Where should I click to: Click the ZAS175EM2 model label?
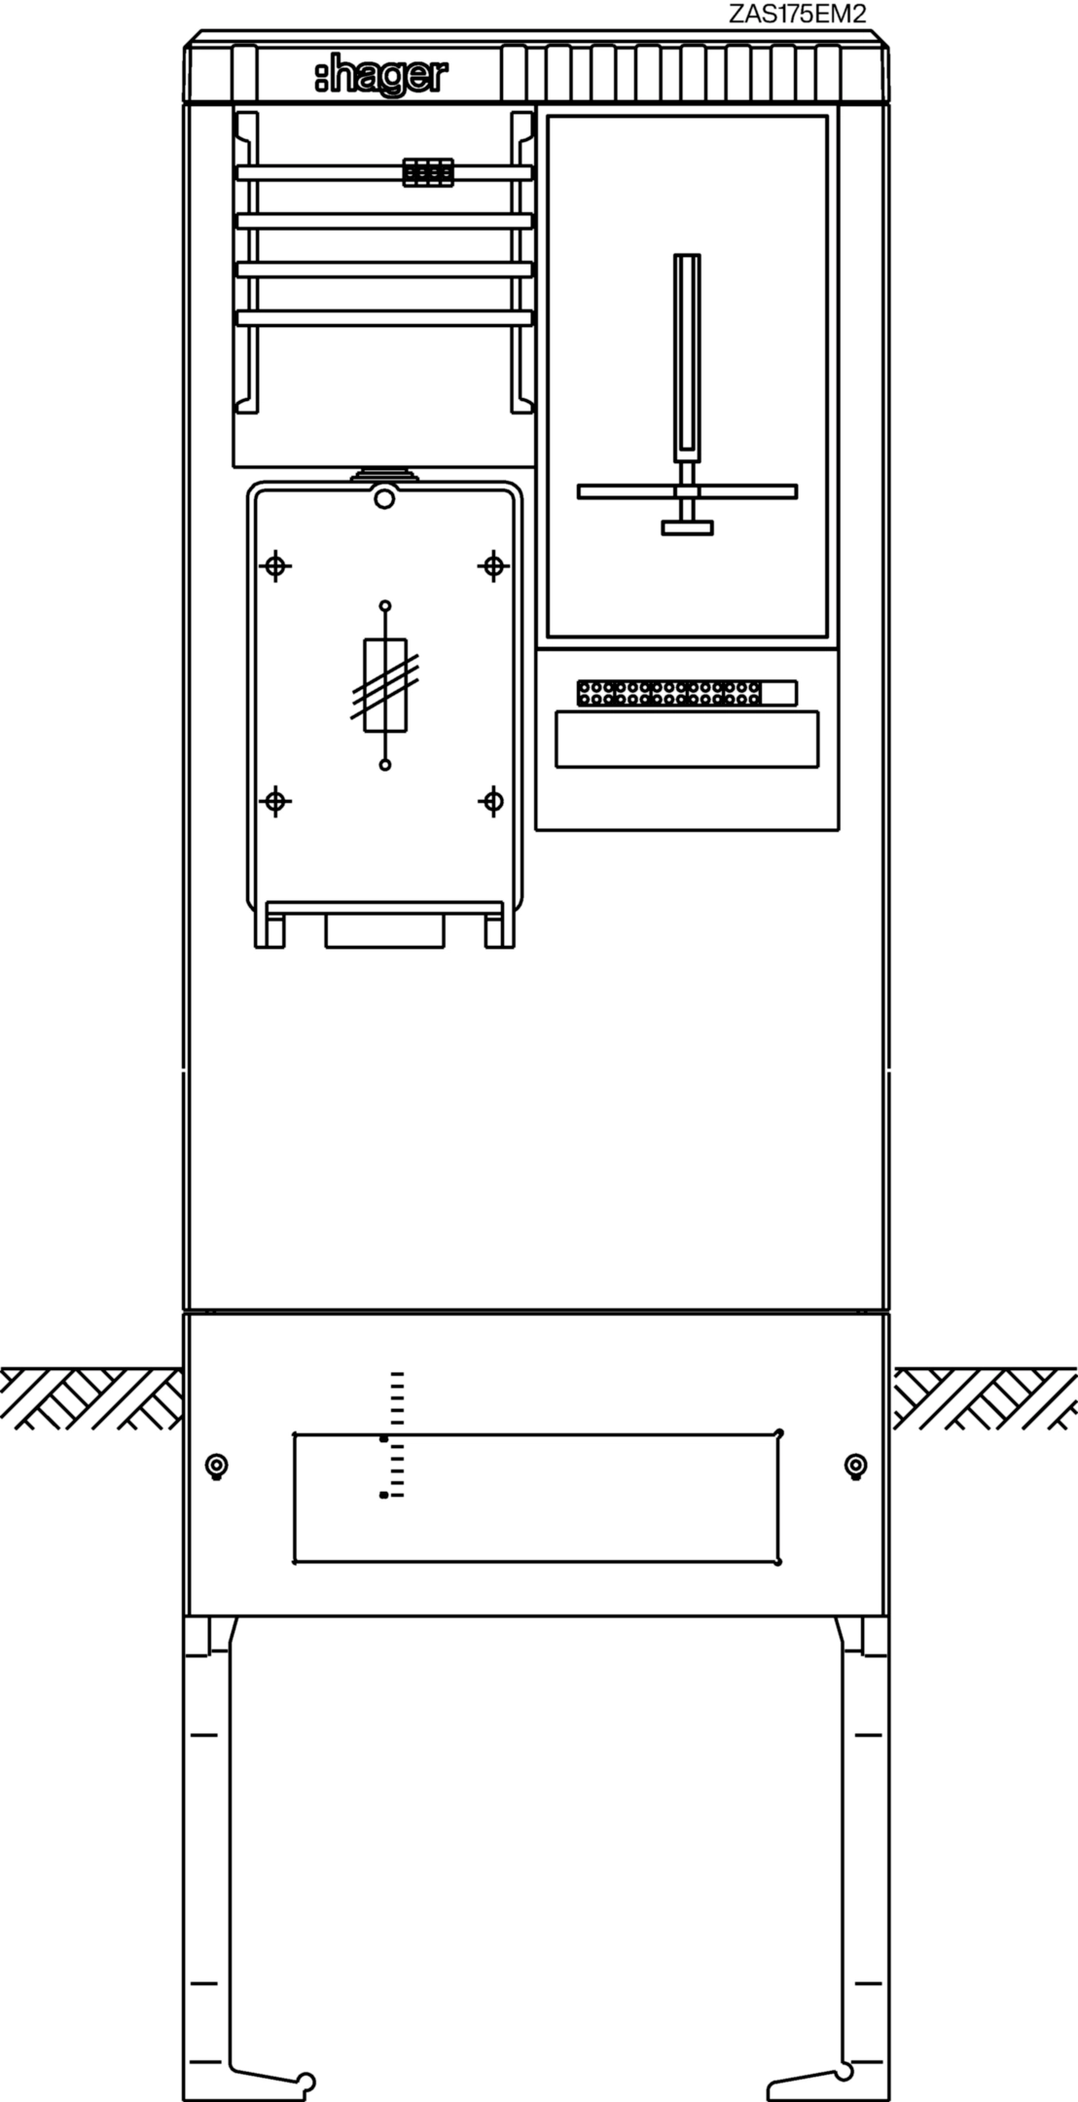[797, 14]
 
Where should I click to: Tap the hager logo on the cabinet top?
[380, 78]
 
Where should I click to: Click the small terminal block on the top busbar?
[428, 172]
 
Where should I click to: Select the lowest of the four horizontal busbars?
[385, 317]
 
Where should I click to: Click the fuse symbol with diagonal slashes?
[385, 685]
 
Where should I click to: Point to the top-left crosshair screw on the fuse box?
[276, 565]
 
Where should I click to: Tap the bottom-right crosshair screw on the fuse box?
[493, 802]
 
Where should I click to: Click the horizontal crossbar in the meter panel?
[687, 491]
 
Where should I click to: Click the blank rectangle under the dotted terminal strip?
[687, 740]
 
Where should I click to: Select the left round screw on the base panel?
[217, 1466]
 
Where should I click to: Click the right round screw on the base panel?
[855, 1466]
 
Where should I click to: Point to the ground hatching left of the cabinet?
[90, 1398]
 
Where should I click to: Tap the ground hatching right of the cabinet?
[986, 1398]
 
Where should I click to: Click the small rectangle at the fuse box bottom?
[384, 930]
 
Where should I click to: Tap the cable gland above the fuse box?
[385, 474]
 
